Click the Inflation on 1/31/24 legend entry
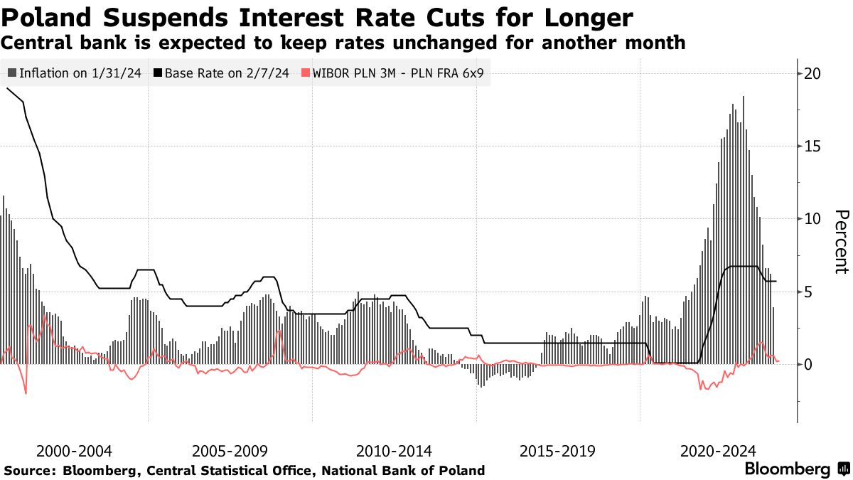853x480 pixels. (x=74, y=73)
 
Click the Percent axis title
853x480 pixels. (x=841, y=242)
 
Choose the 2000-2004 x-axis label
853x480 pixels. (x=74, y=451)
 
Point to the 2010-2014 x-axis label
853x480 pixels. (x=394, y=451)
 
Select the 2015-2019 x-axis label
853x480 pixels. (x=557, y=451)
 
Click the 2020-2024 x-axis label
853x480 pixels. (x=718, y=451)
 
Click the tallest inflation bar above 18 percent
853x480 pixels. (x=744, y=228)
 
